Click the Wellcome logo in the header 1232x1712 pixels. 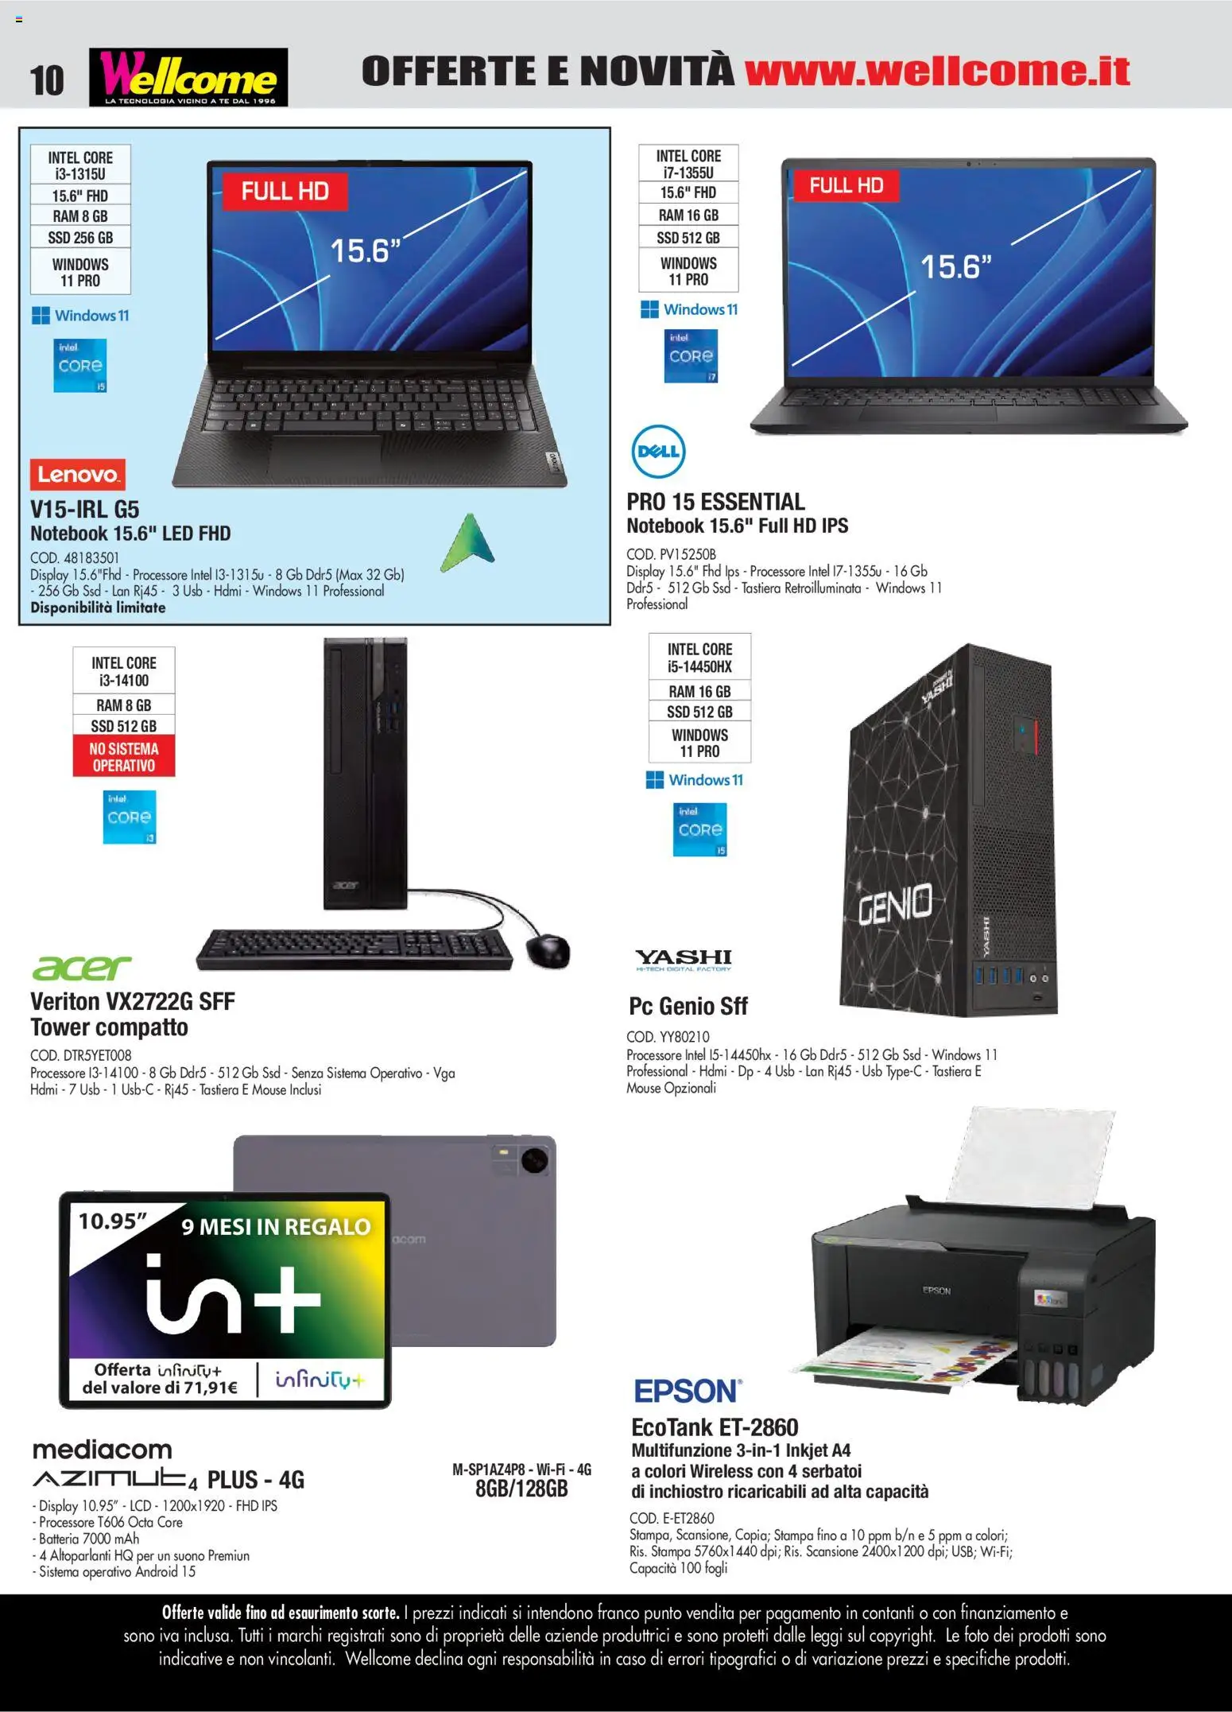pyautogui.click(x=188, y=77)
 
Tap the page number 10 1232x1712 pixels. pyautogui.click(x=47, y=80)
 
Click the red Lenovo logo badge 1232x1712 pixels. pyautogui.click(x=78, y=475)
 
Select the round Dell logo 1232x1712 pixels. pyautogui.click(x=658, y=452)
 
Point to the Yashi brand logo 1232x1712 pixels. pyautogui.click(x=684, y=960)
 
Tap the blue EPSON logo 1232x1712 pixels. pyautogui.click(x=688, y=1392)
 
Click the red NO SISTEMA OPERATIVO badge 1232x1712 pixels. pyautogui.click(x=123, y=756)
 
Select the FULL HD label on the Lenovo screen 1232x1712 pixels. pyautogui.click(x=285, y=191)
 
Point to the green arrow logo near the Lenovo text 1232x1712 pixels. pyautogui.click(x=468, y=542)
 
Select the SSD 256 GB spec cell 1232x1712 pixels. pyautogui.click(x=80, y=238)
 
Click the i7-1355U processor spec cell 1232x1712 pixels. pyautogui.click(x=688, y=164)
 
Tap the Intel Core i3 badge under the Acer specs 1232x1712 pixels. pyautogui.click(x=130, y=817)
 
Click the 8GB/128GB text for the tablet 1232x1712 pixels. pyautogui.click(x=521, y=1489)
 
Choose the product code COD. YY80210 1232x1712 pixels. pyautogui.click(x=668, y=1037)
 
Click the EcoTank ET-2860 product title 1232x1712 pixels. pyautogui.click(x=715, y=1427)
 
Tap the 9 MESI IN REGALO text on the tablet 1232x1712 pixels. pyautogui.click(x=276, y=1227)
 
